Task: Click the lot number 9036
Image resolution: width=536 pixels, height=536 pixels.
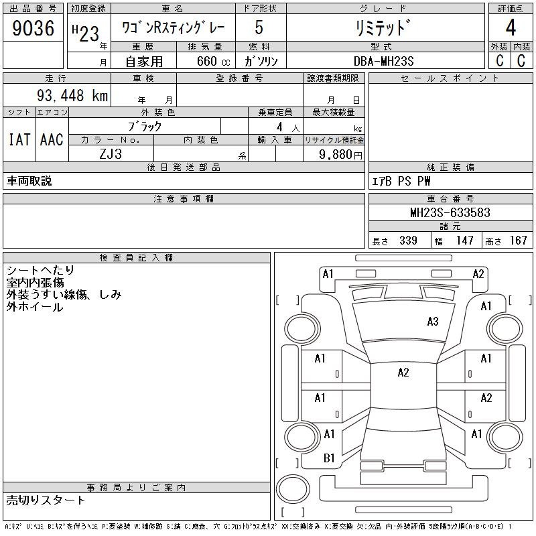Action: [33, 29]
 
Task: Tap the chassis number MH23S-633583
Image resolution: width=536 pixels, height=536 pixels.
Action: [450, 213]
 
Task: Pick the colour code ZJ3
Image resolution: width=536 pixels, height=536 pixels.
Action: [111, 153]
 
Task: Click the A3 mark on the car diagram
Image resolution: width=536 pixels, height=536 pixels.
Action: [433, 322]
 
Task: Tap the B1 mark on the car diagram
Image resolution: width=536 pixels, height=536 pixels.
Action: [329, 458]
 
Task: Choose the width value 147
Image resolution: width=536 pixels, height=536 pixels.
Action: [464, 241]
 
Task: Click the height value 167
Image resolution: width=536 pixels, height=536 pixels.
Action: [518, 241]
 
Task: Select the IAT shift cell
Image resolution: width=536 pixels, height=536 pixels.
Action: [19, 140]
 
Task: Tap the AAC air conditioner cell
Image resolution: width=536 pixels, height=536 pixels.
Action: [52, 140]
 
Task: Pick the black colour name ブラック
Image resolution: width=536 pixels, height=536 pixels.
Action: [145, 126]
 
